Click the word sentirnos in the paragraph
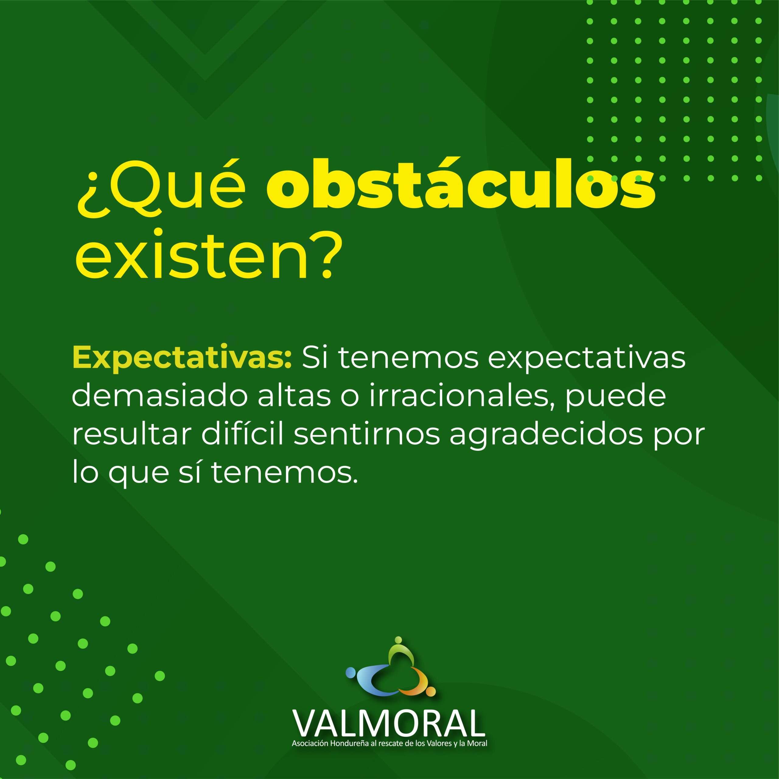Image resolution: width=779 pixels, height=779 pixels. (367, 435)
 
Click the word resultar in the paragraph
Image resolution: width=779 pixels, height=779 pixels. (132, 435)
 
